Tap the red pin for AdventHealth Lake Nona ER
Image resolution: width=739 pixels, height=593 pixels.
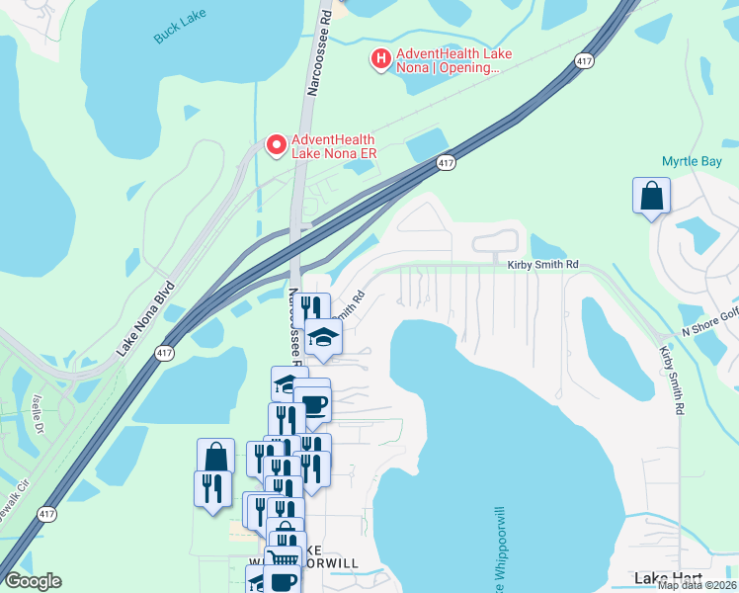277,144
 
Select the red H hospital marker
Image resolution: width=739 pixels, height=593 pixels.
380,59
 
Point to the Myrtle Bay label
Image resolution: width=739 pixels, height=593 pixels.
691,161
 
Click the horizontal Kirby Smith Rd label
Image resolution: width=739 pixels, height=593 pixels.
542,266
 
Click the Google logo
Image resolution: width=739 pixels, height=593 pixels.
33,581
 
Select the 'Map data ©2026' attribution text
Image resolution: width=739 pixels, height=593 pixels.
697,585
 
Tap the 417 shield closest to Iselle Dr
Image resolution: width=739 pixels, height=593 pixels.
46,514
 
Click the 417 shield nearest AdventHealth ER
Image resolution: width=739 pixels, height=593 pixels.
446,162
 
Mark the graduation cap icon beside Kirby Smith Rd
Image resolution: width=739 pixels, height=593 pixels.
321,337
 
